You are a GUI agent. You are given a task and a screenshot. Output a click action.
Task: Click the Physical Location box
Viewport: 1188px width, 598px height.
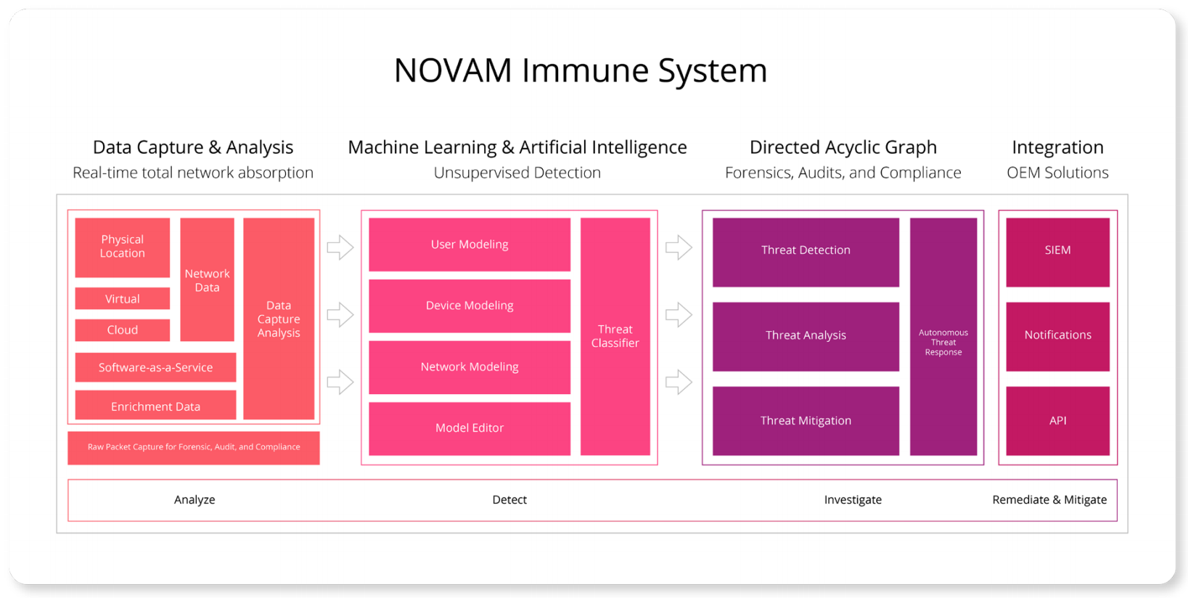122,247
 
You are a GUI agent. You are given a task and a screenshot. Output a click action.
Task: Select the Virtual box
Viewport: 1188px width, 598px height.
122,298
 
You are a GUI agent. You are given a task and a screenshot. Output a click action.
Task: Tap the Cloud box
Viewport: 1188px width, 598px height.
122,329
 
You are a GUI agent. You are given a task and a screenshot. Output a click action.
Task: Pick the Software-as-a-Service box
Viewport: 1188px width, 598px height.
155,367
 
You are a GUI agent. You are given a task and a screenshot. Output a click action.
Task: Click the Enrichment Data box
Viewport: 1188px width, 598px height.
155,406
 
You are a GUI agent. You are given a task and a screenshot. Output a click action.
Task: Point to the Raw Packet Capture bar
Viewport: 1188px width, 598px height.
193,447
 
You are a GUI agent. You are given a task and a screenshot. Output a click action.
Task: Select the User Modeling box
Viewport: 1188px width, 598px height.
469,245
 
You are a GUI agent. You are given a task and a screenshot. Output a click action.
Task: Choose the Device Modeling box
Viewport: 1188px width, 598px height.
469,306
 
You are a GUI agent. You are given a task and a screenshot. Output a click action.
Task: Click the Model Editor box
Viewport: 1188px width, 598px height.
469,428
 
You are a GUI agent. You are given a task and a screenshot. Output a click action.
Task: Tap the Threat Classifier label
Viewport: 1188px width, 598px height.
615,336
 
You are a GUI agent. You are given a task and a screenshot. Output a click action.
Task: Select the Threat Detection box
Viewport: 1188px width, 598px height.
806,250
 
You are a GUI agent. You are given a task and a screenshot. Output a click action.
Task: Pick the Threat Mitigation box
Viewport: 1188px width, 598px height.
806,421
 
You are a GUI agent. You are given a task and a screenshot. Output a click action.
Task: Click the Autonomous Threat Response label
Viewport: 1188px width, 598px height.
943,342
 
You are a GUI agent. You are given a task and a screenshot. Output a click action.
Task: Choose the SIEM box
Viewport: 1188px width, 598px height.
1057,250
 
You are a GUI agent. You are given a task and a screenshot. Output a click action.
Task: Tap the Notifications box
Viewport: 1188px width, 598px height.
1057,335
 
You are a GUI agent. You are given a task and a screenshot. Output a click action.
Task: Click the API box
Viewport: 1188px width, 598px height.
1057,421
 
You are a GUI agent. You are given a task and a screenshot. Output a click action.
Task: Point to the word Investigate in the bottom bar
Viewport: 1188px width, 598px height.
853,499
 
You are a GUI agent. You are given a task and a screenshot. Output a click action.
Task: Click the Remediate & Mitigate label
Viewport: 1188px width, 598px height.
1049,499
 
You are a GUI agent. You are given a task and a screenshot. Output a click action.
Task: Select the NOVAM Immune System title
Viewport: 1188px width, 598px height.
580,70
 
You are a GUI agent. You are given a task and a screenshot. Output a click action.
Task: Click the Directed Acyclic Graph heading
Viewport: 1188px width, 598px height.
843,147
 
